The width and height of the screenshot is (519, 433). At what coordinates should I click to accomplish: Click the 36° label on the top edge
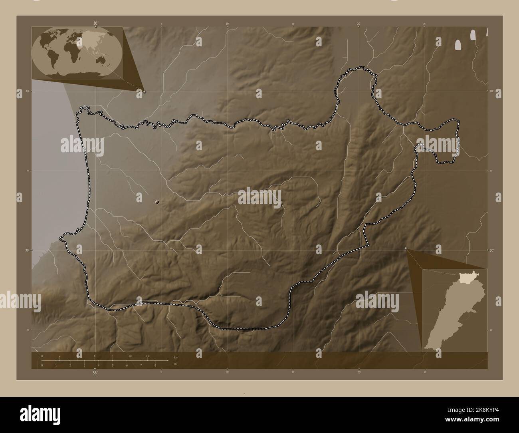95,23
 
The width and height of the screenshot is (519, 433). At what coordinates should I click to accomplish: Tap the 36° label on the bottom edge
95,373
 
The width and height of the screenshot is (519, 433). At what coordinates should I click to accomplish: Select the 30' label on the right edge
491,250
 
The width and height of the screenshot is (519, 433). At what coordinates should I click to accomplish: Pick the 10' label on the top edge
227,24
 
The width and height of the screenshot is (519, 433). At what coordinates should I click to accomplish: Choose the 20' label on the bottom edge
359,373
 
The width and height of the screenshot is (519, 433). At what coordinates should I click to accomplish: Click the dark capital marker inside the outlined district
158,202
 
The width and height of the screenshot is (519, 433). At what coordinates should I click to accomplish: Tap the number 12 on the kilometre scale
147,356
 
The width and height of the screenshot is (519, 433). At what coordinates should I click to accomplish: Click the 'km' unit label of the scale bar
176,357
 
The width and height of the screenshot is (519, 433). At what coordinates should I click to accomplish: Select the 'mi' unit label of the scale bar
175,364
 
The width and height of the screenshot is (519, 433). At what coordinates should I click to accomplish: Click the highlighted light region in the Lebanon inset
465,277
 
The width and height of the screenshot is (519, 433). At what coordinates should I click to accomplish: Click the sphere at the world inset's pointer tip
145,91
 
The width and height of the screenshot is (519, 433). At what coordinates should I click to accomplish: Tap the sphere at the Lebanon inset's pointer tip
406,248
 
